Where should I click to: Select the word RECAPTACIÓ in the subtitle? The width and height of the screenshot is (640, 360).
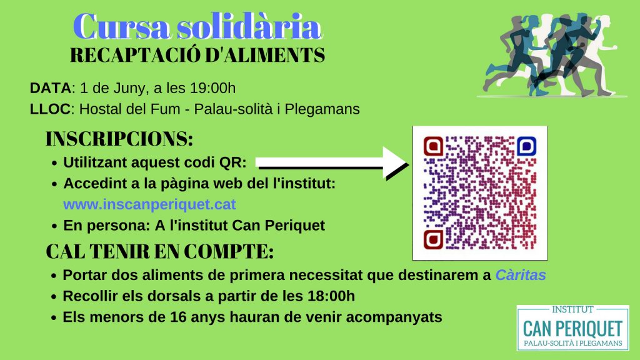135,55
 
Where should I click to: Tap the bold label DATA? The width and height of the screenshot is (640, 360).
51,88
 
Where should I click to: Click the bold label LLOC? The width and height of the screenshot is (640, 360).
50,109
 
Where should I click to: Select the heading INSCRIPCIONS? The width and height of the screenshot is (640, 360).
119,139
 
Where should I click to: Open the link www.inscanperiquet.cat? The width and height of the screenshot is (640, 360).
150,204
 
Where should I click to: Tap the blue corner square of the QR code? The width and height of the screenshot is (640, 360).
526,146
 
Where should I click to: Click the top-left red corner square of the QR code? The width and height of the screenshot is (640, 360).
434,146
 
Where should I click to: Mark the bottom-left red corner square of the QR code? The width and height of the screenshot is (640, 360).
434,239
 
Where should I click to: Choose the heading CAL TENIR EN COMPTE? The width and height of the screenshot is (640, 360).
159,251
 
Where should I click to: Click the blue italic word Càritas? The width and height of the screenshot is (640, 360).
521,275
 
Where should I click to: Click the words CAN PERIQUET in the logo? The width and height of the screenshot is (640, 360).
572,329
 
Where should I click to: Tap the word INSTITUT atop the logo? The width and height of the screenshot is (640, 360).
572,310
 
